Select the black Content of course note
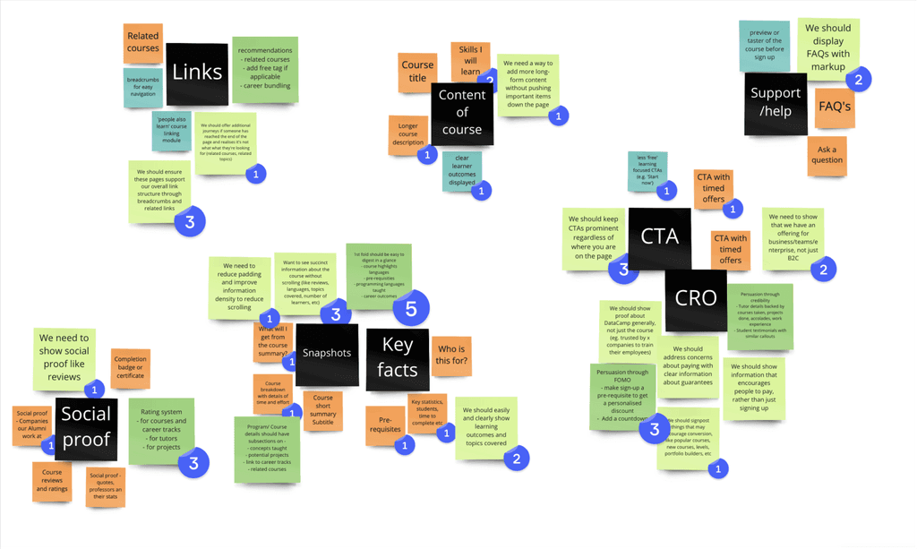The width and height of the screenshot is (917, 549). click(461, 113)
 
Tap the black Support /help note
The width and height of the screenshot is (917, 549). click(776, 103)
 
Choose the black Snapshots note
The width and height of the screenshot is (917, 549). click(327, 353)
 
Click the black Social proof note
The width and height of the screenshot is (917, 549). click(86, 425)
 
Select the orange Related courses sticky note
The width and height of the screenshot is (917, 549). click(143, 43)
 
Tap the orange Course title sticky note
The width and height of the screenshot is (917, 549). click(417, 72)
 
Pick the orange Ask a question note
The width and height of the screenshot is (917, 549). click(826, 156)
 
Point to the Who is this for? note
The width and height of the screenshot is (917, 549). click(450, 356)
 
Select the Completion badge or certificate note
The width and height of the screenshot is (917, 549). click(130, 367)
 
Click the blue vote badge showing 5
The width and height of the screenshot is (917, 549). click(411, 308)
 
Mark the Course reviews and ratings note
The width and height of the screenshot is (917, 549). click(52, 481)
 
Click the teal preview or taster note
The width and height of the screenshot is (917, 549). click(765, 46)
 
